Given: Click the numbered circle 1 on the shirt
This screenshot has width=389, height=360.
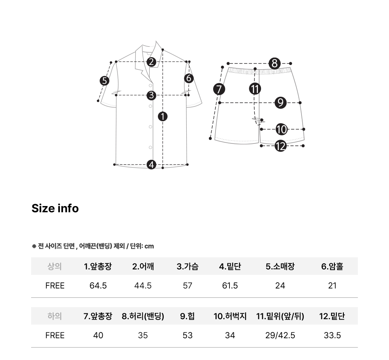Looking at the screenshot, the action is click(x=163, y=117).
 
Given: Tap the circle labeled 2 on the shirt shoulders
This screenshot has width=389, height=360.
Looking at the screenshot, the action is click(x=151, y=62).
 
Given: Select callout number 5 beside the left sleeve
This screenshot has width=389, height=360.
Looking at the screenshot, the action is click(x=104, y=81).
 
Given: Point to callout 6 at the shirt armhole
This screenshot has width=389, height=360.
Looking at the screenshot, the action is click(x=189, y=79).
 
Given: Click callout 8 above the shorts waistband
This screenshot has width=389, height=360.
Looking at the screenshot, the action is click(x=274, y=63).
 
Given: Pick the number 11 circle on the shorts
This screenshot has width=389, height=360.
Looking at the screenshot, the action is click(x=255, y=89).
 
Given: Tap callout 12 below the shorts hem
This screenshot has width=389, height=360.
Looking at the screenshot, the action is click(x=280, y=146).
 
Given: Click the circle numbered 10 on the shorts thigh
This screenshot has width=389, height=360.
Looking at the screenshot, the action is click(x=282, y=129).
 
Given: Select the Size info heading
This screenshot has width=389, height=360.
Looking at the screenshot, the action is click(x=55, y=208).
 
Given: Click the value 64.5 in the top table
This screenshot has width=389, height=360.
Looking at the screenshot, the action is click(x=98, y=286).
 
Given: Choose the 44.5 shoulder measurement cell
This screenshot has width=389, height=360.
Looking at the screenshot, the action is click(x=143, y=286).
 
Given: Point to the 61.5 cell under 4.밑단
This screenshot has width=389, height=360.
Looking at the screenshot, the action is click(x=230, y=286).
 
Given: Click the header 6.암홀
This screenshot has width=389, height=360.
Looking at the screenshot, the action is click(x=332, y=266).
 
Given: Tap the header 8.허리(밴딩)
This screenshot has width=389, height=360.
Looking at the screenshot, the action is click(x=143, y=316).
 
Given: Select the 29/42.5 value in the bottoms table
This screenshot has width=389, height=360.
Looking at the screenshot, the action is click(x=280, y=336).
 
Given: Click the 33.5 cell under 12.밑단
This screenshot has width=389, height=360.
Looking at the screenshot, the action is click(x=332, y=336).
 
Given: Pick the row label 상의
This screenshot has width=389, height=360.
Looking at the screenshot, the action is click(x=54, y=266).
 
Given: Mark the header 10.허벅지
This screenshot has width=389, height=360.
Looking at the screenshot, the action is click(x=230, y=316).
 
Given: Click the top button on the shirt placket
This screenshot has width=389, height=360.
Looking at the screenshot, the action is click(x=150, y=86).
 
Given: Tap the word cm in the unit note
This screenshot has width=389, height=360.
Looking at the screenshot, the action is click(x=149, y=246).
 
